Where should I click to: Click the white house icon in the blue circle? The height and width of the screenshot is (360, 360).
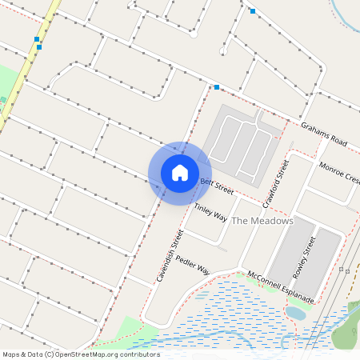pyautogui.click(x=180, y=173)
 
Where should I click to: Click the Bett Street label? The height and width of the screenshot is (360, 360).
pyautogui.click(x=216, y=186)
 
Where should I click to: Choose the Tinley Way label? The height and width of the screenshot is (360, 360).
pyautogui.click(x=210, y=212)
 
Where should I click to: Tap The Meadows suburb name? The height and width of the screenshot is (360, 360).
pyautogui.click(x=262, y=220)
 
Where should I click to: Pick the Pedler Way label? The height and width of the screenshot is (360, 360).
pyautogui.click(x=192, y=265)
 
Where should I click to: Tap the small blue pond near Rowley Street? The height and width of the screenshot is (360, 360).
pyautogui.click(x=296, y=313)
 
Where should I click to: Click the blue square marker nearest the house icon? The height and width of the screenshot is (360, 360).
pyautogui.click(x=217, y=87)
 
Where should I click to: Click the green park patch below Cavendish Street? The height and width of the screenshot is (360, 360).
pyautogui.click(x=131, y=330)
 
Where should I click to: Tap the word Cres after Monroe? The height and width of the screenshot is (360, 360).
pyautogui.click(x=353, y=177)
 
